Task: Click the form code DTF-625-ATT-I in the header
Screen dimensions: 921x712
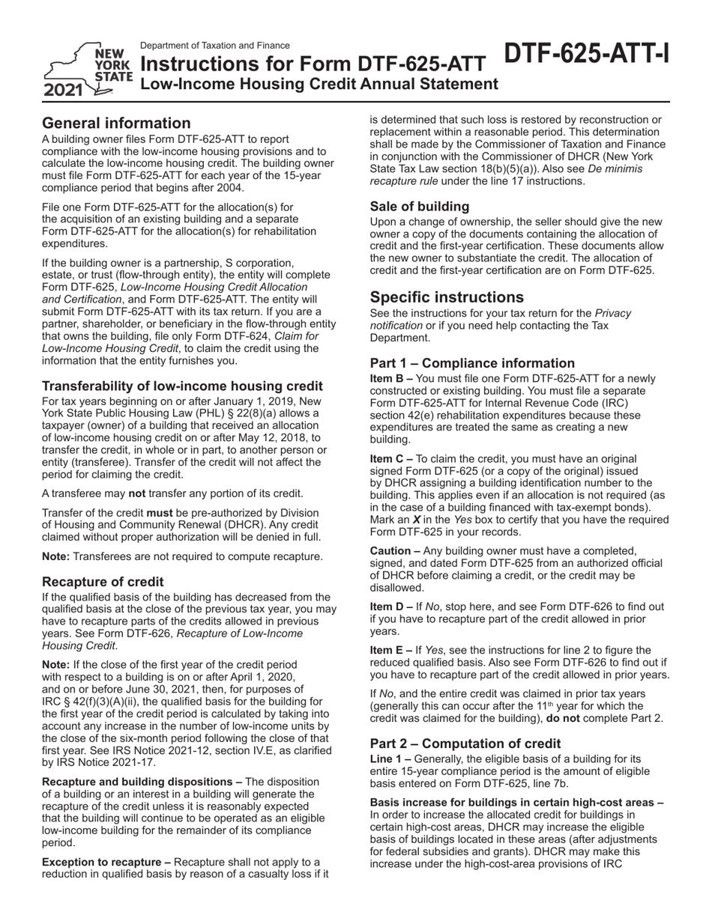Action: (586, 54)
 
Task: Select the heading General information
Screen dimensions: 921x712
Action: (116, 123)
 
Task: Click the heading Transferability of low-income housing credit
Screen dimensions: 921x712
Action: (182, 386)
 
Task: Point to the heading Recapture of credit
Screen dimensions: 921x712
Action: (103, 582)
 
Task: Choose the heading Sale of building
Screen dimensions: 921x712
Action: (420, 206)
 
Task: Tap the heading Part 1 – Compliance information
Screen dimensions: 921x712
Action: (472, 363)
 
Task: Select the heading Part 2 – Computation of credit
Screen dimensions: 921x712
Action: (465, 744)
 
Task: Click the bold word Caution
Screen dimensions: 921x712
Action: (396, 550)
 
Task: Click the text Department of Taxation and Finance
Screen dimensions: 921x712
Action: (215, 46)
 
